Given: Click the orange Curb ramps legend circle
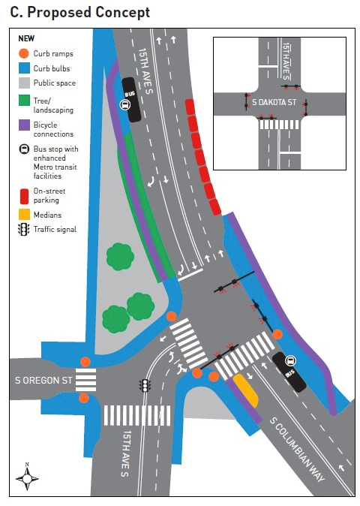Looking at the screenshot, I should click(24, 53).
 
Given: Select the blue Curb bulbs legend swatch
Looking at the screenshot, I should click(24, 68).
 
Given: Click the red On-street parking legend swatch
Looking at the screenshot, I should click(24, 194).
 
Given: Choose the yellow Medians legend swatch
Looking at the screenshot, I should click(24, 215).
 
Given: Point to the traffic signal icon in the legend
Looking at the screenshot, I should click(24, 229).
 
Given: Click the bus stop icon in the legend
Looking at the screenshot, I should click(24, 149).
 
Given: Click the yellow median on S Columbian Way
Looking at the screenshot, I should click(246, 388).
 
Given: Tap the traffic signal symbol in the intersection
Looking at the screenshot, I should click(145, 386).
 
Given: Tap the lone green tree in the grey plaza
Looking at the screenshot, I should click(119, 258).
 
